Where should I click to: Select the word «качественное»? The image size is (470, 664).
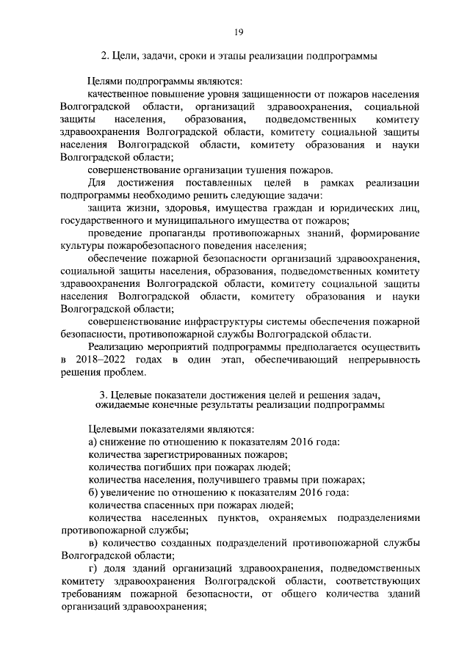click(117, 95)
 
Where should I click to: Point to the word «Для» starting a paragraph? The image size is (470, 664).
click(95, 181)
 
